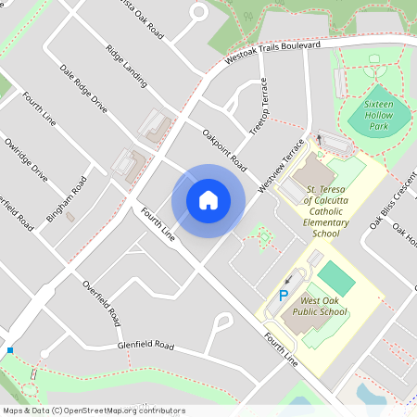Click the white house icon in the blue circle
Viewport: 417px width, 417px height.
[x=208, y=198]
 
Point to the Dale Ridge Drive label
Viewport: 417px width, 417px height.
[x=83, y=89]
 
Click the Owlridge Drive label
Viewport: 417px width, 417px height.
[x=26, y=158]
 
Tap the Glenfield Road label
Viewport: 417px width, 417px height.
[x=145, y=346]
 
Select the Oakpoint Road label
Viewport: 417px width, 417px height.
[x=224, y=147]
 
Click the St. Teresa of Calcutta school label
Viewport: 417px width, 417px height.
[x=328, y=212]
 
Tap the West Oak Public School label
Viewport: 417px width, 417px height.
[x=323, y=307]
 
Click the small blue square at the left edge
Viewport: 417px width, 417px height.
[x=9, y=350]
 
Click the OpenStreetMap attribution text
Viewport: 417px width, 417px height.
[x=93, y=411]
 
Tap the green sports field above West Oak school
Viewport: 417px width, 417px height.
[x=335, y=278]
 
